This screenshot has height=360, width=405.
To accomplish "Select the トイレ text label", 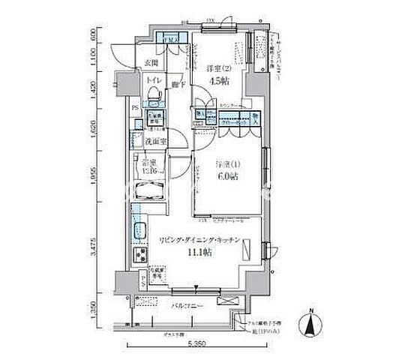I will click(x=151, y=78).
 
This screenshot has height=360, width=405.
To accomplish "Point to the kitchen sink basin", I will click(x=139, y=232).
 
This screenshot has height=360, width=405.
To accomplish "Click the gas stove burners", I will click(x=140, y=255).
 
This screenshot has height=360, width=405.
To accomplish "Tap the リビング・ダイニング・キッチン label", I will click(x=198, y=241).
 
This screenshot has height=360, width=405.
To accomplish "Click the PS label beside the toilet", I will click(x=135, y=108).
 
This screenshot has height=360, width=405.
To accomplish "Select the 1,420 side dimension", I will click(x=94, y=85).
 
